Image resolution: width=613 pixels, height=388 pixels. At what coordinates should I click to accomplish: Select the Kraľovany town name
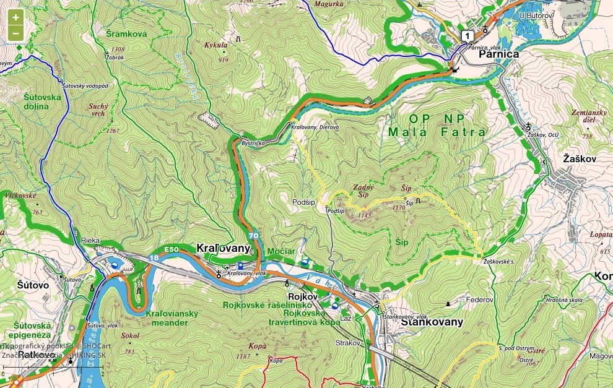223,248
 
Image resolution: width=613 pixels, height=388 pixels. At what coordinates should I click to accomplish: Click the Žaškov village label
580,159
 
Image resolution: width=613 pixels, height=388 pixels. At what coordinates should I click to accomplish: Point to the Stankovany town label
432,322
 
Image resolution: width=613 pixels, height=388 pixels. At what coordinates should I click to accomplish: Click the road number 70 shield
253,236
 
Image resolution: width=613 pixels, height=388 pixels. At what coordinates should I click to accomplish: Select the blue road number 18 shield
153,257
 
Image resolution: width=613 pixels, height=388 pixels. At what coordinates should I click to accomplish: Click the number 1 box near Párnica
466,35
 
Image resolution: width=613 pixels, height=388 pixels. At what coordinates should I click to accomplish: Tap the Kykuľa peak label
216,45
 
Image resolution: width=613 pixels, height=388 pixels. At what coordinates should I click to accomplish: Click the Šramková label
126,34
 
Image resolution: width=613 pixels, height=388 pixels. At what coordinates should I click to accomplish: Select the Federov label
479,300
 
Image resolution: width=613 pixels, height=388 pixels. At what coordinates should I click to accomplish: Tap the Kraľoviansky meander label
172,317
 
